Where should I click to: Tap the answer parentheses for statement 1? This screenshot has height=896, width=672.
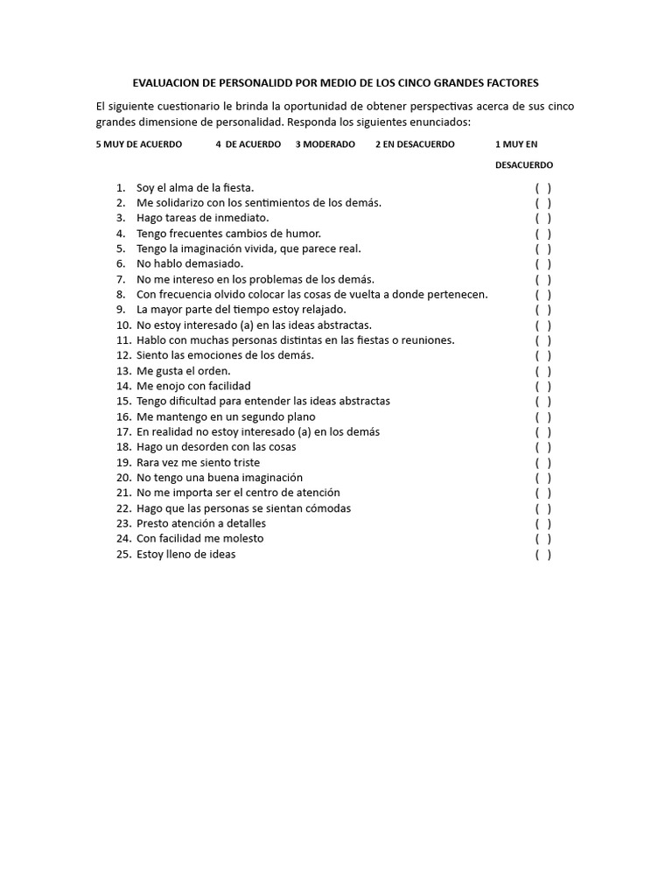[x=543, y=187]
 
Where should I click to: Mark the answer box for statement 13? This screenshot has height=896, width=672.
[x=543, y=371]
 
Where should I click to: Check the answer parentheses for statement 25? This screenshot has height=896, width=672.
[x=543, y=554]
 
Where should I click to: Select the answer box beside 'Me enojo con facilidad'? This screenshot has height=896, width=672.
[x=543, y=386]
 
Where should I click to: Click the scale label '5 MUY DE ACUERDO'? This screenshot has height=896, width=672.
[x=139, y=144]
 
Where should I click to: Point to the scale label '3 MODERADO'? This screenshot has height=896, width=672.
[x=325, y=144]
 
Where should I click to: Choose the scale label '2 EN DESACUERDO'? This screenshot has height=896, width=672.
[x=415, y=144]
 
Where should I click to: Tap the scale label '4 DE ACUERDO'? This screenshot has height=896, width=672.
[x=248, y=144]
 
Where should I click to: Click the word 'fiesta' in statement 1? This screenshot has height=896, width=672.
[x=236, y=187]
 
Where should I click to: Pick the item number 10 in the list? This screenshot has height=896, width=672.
[x=123, y=325]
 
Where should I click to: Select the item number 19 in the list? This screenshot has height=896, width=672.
[x=123, y=462]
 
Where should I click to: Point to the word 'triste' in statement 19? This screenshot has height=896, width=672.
[x=244, y=462]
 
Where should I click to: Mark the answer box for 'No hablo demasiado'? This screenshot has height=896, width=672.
[x=543, y=263]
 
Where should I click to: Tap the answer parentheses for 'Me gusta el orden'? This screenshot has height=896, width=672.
[x=543, y=371]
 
